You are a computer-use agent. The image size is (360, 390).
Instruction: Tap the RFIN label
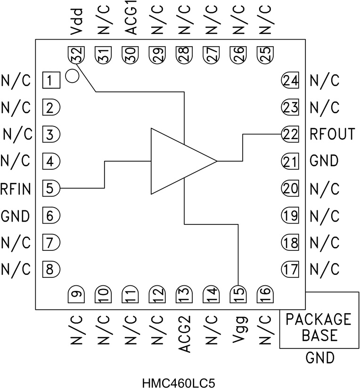[x=16, y=189]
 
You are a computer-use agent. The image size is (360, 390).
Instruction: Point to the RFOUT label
[x=332, y=134]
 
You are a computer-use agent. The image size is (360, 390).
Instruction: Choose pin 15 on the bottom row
[x=238, y=296]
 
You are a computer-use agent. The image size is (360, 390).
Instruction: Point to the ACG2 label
[x=184, y=335]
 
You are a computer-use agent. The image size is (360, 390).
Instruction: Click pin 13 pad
[x=184, y=296]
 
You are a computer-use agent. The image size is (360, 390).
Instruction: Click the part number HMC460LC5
[x=180, y=381]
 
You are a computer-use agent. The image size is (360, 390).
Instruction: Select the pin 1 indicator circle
[x=72, y=75]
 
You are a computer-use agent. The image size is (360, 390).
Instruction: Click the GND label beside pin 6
[x=15, y=216]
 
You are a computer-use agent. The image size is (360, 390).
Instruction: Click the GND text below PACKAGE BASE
[x=320, y=358]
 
